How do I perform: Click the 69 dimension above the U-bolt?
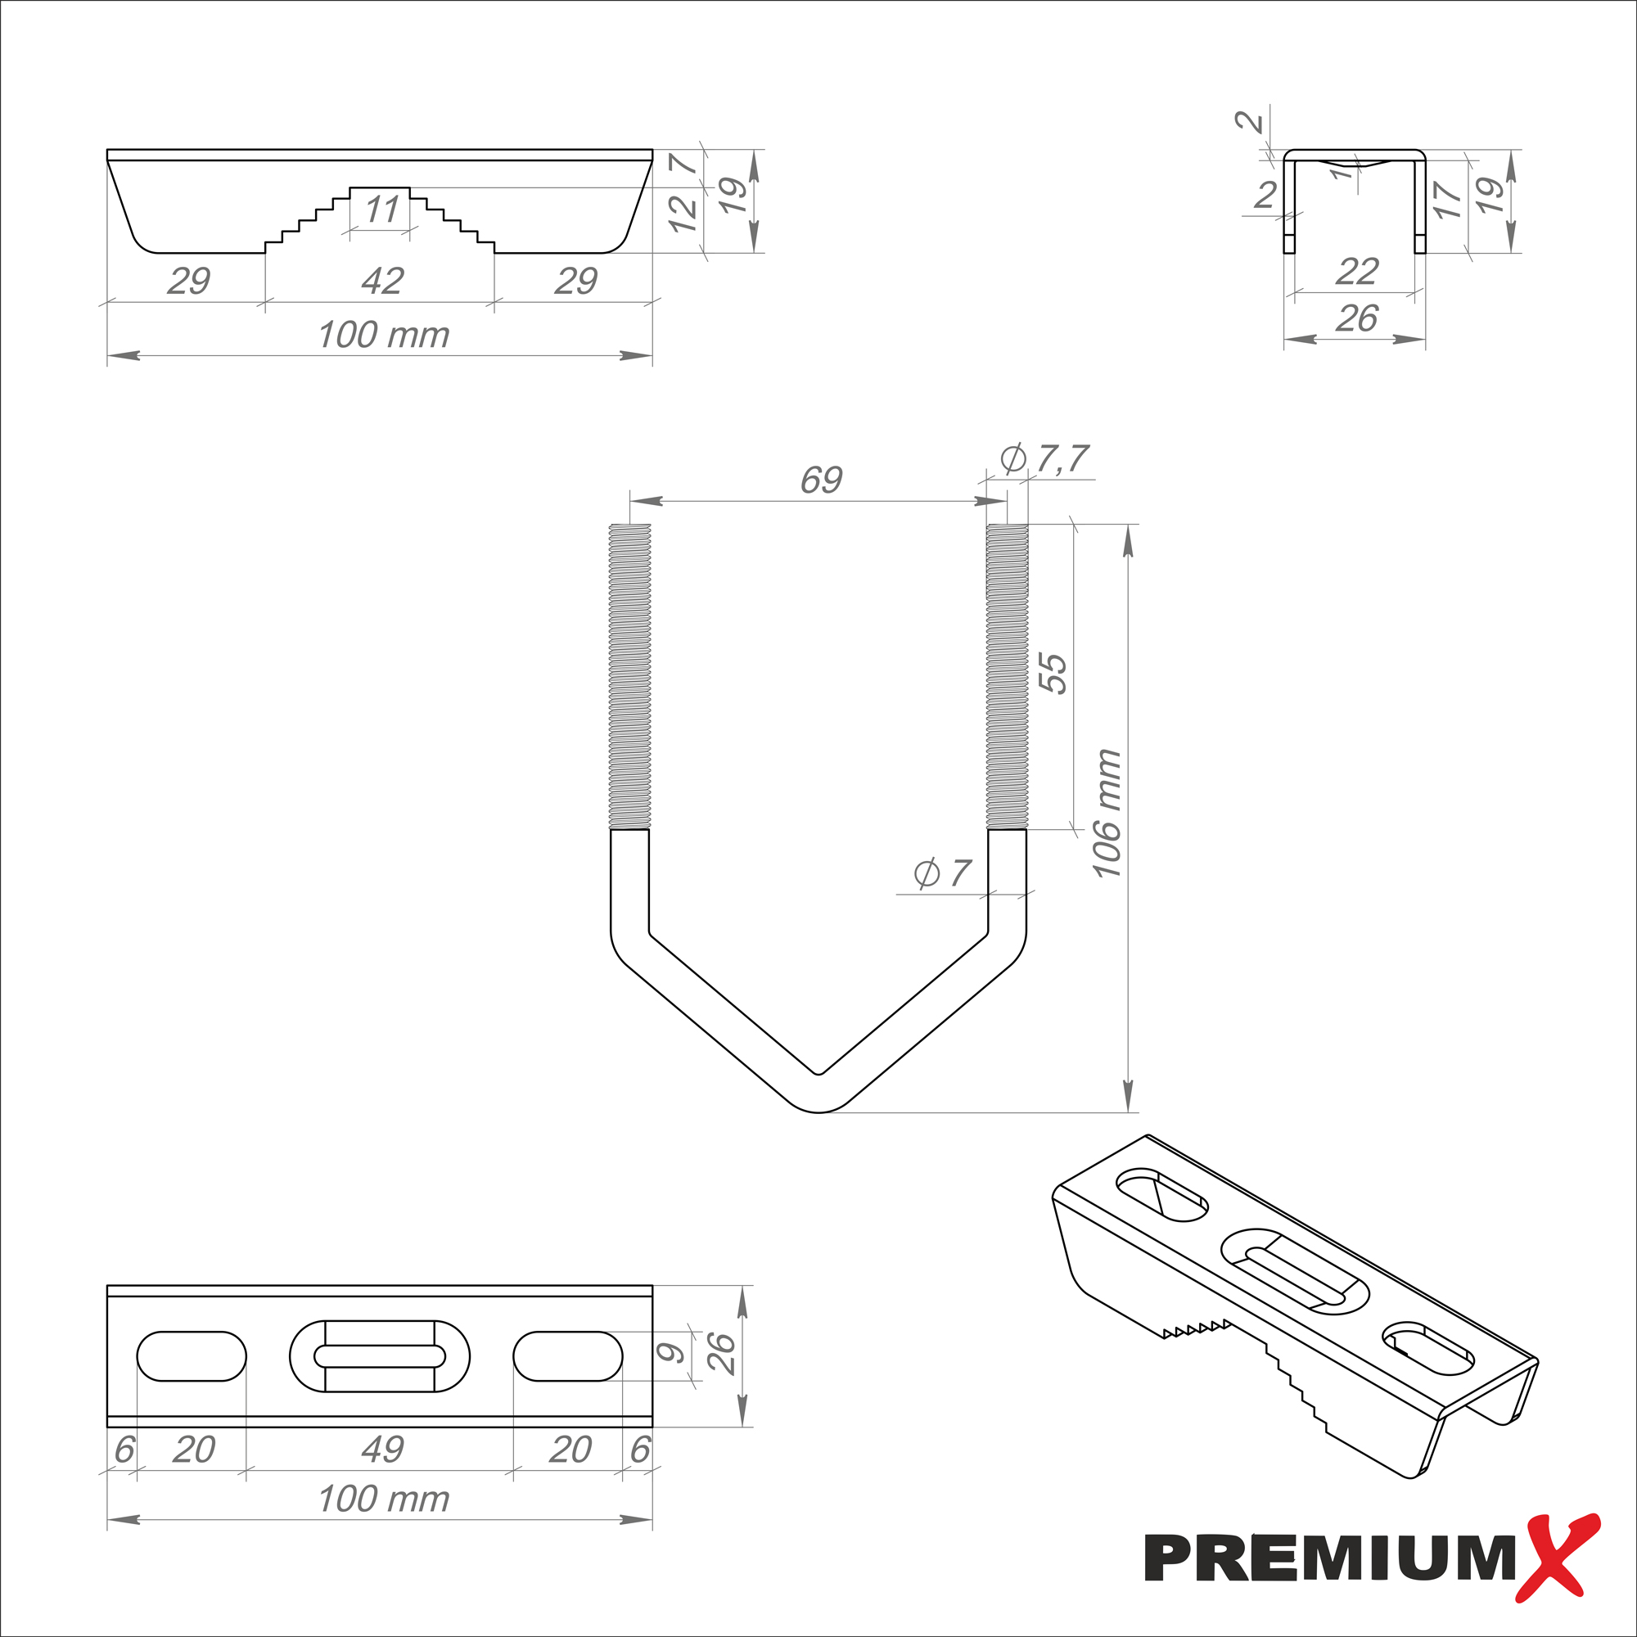pos(821,480)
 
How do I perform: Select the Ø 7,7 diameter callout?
pos(1044,458)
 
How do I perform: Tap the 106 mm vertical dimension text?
pos(1107,814)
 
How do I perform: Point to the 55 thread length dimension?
pos(1054,674)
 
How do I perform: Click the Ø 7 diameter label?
pos(942,873)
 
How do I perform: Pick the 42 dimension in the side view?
pos(382,281)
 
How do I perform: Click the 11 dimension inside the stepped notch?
pos(381,210)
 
